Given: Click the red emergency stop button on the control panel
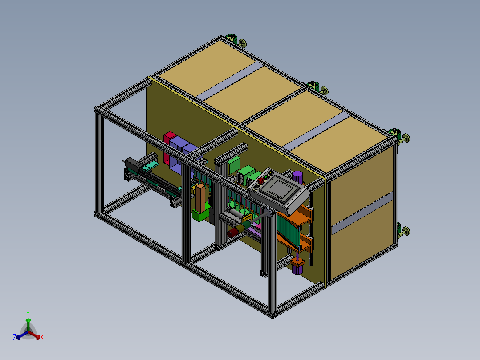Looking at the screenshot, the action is [260, 181].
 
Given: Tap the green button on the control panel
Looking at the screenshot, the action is [266, 177].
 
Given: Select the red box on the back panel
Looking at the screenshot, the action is [168, 147].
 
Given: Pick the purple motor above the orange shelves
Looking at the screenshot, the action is [297, 177].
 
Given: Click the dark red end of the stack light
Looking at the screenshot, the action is [231, 234].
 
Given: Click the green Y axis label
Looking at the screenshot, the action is [28, 314].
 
